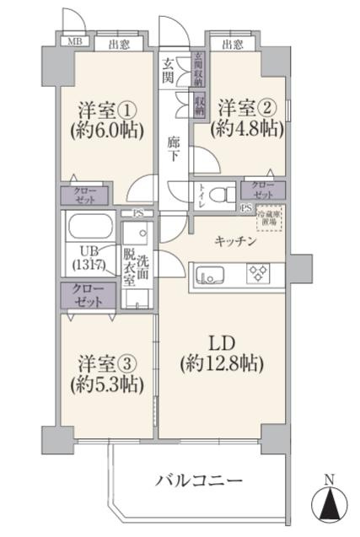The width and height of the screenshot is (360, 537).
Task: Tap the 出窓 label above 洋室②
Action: pos(233,44)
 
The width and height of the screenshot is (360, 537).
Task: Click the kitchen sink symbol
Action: pos(210,274)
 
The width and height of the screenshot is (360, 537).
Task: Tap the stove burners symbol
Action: pos(256,273)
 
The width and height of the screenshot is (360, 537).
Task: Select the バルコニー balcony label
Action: pos(199,481)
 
